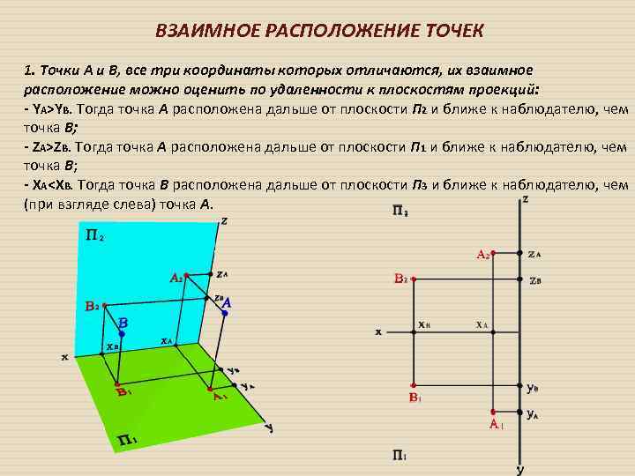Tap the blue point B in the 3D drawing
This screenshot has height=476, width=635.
[x=122, y=333]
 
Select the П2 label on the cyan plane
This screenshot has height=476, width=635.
[x=94, y=236]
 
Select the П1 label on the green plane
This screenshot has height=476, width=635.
[x=124, y=440]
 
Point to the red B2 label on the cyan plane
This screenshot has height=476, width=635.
[x=91, y=307]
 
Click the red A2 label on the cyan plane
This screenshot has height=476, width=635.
[x=176, y=278]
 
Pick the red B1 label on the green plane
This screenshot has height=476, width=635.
[x=124, y=393]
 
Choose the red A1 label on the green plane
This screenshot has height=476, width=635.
[x=220, y=396]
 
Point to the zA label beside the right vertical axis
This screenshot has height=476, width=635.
[x=534, y=255]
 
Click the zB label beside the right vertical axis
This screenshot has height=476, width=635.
[x=534, y=282]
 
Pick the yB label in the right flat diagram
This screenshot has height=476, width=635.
[x=533, y=387]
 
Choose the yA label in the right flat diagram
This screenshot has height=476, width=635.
[x=533, y=413]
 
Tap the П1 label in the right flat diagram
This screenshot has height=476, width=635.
[x=399, y=455]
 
